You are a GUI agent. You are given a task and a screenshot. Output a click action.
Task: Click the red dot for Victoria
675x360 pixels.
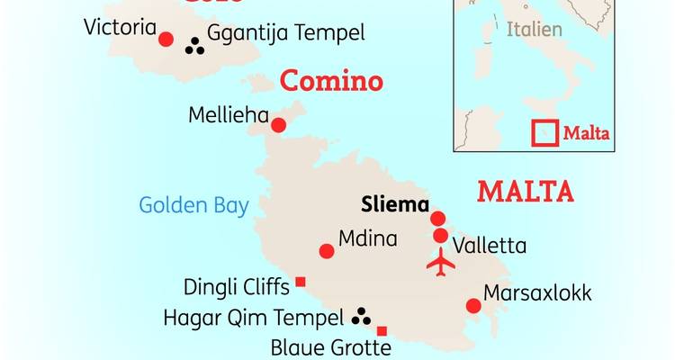tap(166, 39)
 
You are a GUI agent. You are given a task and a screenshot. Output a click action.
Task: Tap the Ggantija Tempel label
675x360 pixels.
tap(285, 34)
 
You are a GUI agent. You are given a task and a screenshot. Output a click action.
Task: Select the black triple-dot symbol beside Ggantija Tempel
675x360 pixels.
tap(193, 45)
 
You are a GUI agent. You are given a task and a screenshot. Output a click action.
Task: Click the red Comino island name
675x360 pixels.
tap(331, 81)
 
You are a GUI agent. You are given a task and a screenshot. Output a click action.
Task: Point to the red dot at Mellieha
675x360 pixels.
tap(278, 125)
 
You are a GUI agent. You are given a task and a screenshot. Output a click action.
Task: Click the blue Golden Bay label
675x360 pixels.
tap(193, 205)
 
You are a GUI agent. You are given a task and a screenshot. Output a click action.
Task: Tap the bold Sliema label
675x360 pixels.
tap(393, 202)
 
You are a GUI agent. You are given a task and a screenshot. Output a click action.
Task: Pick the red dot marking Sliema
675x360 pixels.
tap(438, 218)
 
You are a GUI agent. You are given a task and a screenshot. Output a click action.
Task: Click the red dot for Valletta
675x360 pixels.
tap(440, 236)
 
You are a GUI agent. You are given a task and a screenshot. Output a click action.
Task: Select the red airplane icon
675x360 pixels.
tap(440, 264)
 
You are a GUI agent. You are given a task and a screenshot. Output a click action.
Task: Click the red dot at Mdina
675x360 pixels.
tap(328, 251)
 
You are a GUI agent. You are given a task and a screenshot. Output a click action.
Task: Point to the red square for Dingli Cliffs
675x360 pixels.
tap(301, 282)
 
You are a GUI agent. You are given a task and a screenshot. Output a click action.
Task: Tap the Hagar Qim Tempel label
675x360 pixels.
tap(254, 317)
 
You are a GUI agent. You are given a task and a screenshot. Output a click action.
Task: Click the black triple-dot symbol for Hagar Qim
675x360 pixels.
tap(362, 315)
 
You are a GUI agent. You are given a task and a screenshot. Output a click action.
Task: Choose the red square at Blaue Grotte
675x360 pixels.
tap(382, 330)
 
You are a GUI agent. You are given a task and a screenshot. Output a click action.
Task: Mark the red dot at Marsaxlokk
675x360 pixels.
tap(473, 306)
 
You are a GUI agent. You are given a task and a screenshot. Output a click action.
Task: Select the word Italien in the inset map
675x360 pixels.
tap(534, 29)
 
